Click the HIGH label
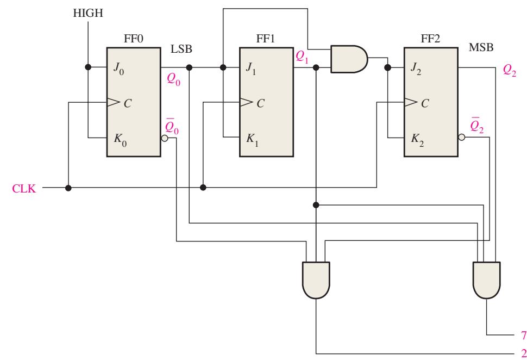(88, 13)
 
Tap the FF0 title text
(134, 39)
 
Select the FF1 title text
(266, 39)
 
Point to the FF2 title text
(430, 39)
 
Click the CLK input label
(24, 188)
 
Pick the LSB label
(181, 49)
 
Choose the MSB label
(481, 47)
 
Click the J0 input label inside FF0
(118, 69)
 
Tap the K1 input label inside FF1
(252, 139)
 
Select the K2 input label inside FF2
(417, 139)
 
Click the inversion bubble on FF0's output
(165, 138)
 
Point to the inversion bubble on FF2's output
(461, 137)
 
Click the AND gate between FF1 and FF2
(349, 59)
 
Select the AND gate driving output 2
(316, 280)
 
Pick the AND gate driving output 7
(486, 280)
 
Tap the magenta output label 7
(523, 336)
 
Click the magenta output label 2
(523, 353)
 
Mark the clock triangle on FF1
(246, 102)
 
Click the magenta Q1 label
(302, 57)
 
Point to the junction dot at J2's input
(387, 67)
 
